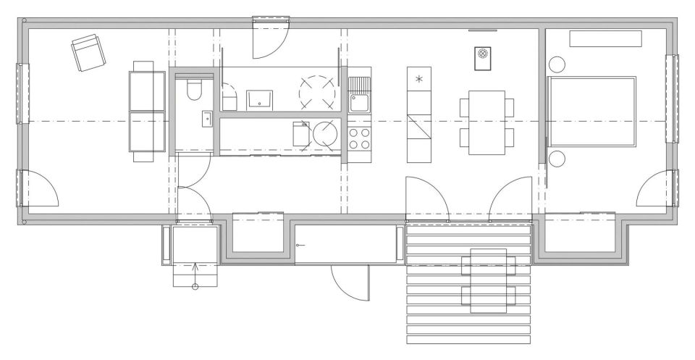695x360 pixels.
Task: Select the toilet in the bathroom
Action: (194, 90)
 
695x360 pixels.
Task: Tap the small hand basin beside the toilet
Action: (207, 117)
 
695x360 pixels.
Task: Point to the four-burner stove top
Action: (359, 138)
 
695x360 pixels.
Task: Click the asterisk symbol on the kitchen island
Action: (418, 78)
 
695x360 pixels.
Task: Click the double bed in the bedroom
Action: (591, 112)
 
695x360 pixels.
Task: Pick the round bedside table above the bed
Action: (557, 64)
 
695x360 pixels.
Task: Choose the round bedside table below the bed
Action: (557, 159)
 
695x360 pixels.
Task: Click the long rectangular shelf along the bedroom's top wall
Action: (605, 39)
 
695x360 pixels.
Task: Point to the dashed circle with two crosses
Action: (319, 91)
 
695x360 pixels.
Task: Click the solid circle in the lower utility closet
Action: (325, 135)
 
